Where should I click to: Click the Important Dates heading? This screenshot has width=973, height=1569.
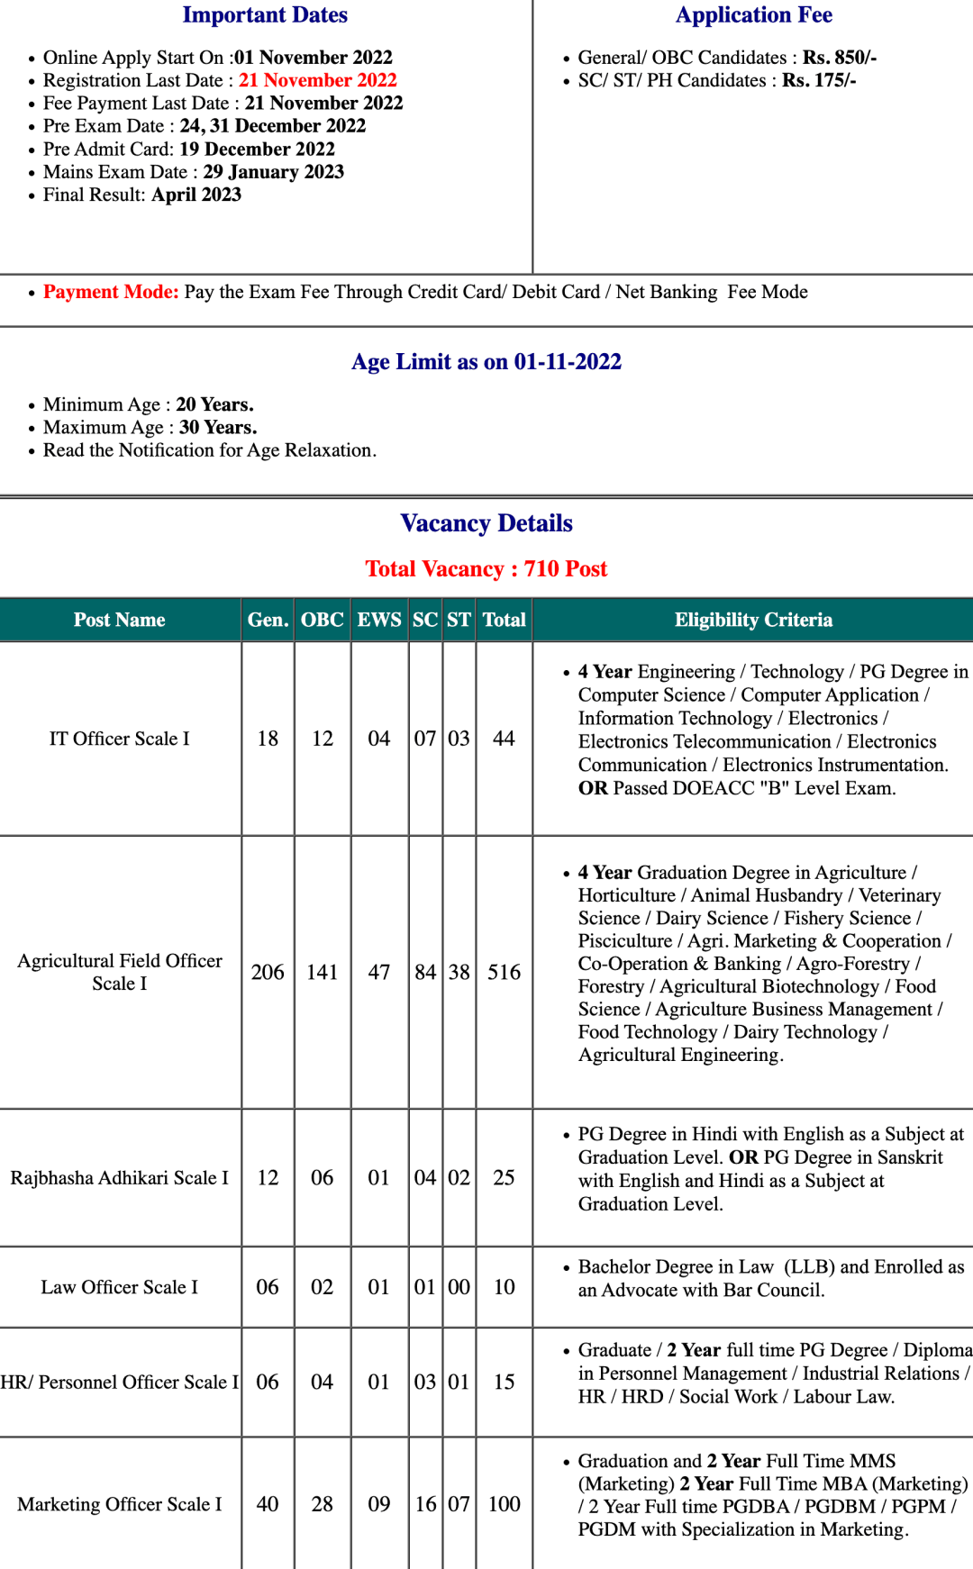coord(265,15)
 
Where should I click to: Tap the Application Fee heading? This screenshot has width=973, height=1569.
coord(753,15)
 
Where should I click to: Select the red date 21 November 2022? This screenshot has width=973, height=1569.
coord(317,80)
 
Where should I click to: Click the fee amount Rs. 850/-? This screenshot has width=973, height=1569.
coord(840,58)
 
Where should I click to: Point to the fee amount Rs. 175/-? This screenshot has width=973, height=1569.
coord(819,80)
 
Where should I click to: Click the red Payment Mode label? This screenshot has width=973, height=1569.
coord(111,292)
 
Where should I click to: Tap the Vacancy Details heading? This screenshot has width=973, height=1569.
coord(486,523)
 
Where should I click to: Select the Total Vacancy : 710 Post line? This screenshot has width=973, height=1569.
coord(486,569)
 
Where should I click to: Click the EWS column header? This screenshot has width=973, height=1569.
coord(379,620)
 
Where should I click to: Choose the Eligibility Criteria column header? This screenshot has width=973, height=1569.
coord(753,620)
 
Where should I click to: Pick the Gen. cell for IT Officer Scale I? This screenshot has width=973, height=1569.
coord(268,739)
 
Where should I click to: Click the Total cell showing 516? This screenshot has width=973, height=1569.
coord(504,973)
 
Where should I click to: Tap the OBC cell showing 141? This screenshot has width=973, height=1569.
coord(322,973)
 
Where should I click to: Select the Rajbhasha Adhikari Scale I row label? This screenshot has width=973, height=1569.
coord(120,1178)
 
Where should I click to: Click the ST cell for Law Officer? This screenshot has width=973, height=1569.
coord(459,1287)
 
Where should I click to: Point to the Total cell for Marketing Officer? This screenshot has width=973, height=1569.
coord(504,1504)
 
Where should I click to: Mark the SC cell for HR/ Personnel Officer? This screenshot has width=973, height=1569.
coord(425,1382)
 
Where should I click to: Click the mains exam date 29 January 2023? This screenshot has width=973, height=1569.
coord(273,172)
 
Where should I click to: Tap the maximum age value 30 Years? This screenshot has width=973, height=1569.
coord(218,428)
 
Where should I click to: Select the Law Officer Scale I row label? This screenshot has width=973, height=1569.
coord(120,1287)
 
